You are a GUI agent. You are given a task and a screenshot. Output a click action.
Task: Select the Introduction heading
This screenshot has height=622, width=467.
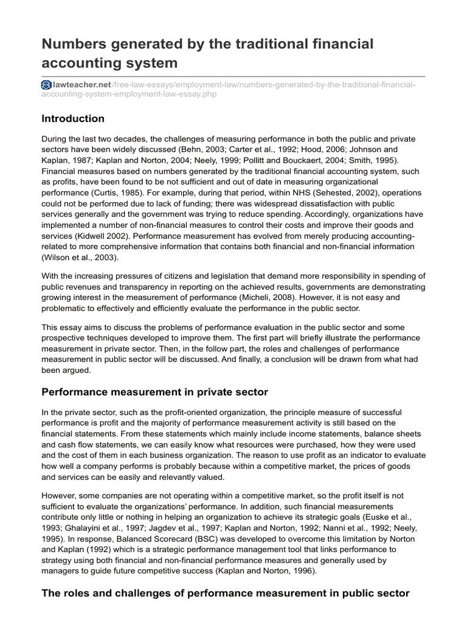(72, 118)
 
